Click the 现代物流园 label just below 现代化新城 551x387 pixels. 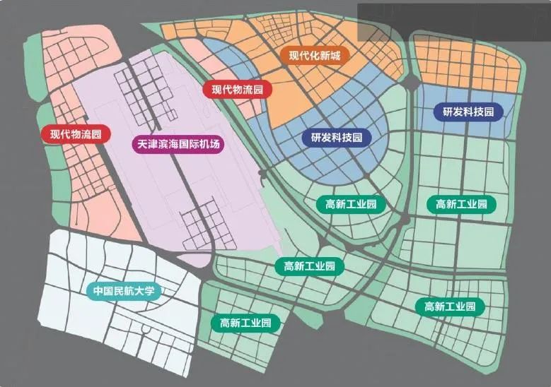[x=238, y=90]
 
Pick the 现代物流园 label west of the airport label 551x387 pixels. [x=76, y=133]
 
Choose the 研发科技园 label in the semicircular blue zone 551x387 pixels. [x=337, y=138]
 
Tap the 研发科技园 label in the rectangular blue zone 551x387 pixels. [x=468, y=112]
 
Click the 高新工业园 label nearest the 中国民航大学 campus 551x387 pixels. [x=245, y=323]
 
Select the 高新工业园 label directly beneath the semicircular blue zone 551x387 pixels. [x=352, y=205]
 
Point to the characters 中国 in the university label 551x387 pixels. [x=103, y=291]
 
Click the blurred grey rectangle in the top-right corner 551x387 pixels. [x=453, y=19]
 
